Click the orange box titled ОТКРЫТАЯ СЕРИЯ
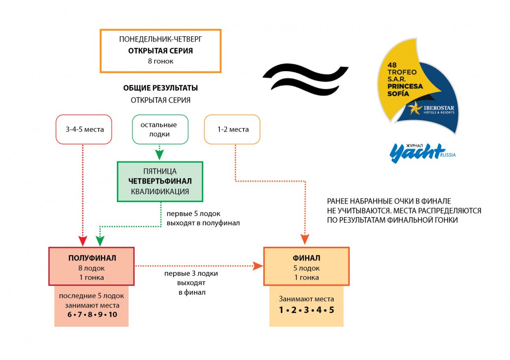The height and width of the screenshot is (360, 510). (x=160, y=51)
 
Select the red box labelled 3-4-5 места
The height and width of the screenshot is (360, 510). (x=84, y=129)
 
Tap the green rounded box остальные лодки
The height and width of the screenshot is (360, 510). (x=160, y=129)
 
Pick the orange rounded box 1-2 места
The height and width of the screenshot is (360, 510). (x=232, y=129)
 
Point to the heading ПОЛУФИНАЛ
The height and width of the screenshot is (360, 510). (x=91, y=257)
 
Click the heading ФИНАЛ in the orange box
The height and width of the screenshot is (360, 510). (x=306, y=258)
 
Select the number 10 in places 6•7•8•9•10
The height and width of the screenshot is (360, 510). (x=112, y=314)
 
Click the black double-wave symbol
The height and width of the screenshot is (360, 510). (x=305, y=78)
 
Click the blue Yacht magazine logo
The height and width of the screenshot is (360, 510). (x=418, y=152)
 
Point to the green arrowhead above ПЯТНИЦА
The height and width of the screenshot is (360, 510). (x=160, y=156)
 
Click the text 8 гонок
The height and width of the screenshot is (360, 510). (x=161, y=61)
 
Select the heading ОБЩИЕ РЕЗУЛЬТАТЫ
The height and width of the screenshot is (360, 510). (x=161, y=88)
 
